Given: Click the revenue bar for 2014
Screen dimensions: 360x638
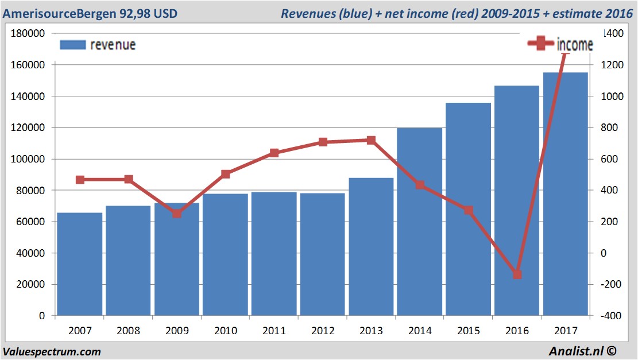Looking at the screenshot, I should point(419,224).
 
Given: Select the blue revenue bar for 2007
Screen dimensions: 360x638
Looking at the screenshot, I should point(80,264).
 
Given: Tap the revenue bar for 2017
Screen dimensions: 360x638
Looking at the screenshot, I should point(566,195).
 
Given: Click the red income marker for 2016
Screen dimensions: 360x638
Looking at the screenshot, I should point(517,274).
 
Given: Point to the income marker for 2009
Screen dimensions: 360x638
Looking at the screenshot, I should point(177,214).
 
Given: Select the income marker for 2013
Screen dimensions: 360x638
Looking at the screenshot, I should point(371,140).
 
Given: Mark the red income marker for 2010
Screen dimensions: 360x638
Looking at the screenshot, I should point(226,174).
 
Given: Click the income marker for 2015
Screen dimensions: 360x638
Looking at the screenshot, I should point(469,210).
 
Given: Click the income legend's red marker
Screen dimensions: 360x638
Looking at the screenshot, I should point(540,45).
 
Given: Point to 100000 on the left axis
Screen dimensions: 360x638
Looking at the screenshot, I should point(29,159).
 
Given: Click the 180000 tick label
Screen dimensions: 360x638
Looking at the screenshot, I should point(29,33).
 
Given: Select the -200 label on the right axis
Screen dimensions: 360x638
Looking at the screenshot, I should point(609,284).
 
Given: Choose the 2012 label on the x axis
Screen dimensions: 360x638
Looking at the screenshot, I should point(322,331).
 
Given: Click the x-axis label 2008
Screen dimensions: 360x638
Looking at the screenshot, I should point(128,331).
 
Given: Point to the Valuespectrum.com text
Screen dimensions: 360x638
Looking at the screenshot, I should point(52,351).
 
